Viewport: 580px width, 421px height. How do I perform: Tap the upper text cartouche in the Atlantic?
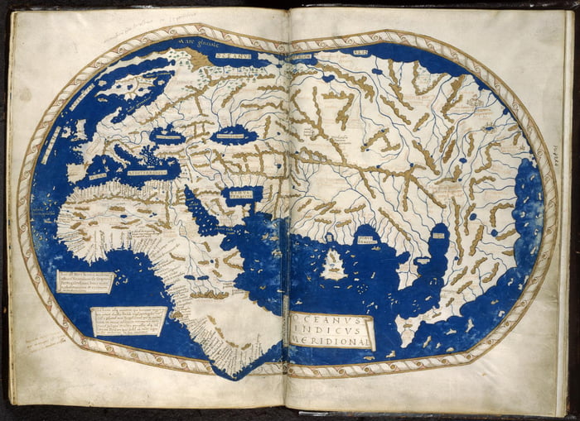(x=85, y=282)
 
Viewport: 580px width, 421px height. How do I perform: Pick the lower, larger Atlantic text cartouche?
(x=128, y=320)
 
